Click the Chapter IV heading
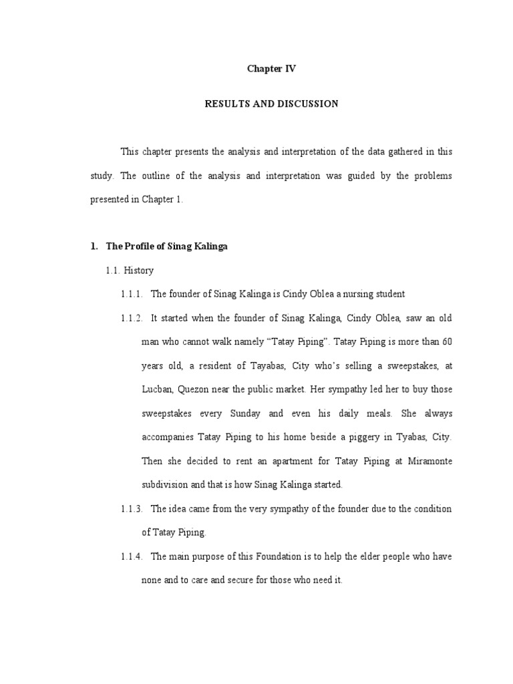coord(271,69)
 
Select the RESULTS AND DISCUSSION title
coord(271,104)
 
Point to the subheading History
coord(138,271)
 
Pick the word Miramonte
coord(427,462)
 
